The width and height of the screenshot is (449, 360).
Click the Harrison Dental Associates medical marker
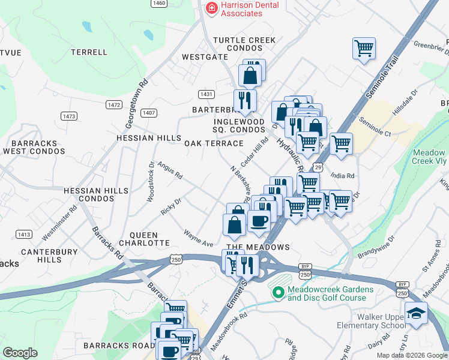pos(211,8)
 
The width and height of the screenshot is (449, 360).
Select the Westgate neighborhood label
pos(205,57)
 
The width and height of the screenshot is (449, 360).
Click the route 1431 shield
pos(206,94)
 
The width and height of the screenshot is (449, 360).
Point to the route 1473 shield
pos(69,116)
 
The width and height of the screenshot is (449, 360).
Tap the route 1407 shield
pos(149,113)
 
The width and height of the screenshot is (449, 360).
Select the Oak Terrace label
pos(214,143)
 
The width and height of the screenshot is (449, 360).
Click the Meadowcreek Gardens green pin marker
pos(277,293)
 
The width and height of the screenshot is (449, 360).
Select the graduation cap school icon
pos(416,313)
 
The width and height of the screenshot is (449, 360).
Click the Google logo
pos(20,353)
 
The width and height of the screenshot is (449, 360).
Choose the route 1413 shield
pos(24,234)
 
